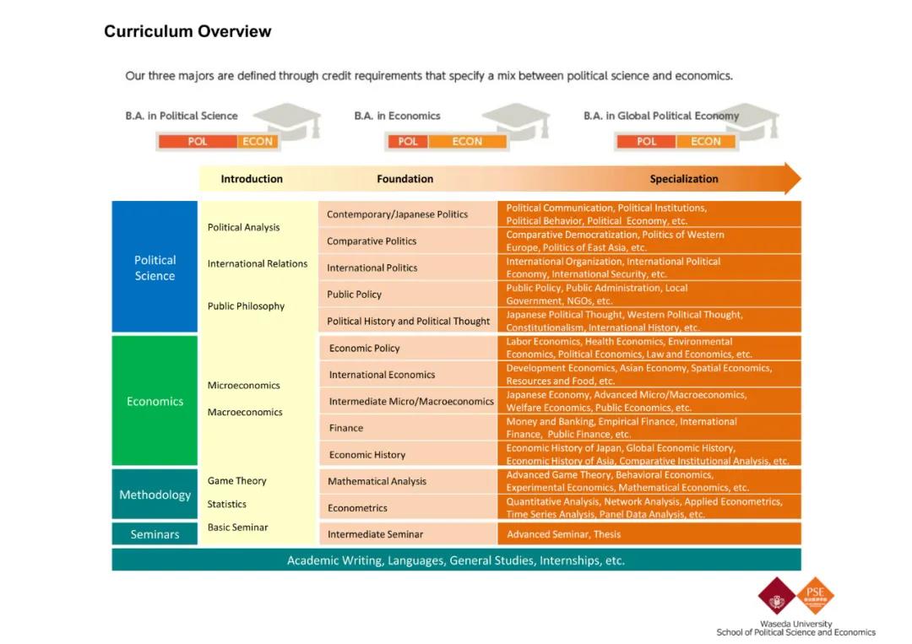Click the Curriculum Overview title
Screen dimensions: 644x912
[x=187, y=32]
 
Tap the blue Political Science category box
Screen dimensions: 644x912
[x=155, y=268]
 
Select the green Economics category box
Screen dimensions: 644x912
[x=155, y=401]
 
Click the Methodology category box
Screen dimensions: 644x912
[x=155, y=495]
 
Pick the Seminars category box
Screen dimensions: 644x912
[x=155, y=534]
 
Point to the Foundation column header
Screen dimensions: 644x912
[x=404, y=179]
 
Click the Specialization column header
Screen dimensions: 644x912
[x=684, y=179]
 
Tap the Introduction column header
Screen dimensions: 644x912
[x=252, y=179]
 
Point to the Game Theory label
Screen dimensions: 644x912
[x=237, y=481]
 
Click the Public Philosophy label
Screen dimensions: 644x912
[x=246, y=306]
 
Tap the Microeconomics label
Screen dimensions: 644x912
[x=244, y=386]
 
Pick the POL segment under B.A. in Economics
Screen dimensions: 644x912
[x=409, y=142]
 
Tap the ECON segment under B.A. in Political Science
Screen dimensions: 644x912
[x=258, y=142]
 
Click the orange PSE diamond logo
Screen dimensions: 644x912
[x=815, y=594]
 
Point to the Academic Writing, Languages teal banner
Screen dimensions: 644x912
[x=456, y=560]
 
